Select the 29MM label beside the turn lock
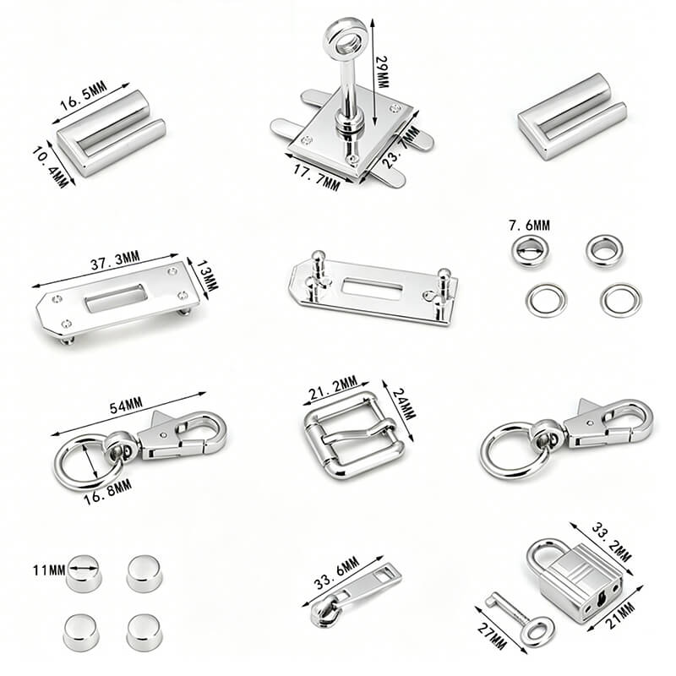click(382, 72)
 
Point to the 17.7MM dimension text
click(317, 177)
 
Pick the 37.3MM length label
click(115, 261)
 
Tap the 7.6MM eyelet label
click(530, 225)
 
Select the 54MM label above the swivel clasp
click(126, 406)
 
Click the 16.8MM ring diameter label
click(108, 493)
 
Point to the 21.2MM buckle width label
click(333, 388)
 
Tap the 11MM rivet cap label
click(49, 570)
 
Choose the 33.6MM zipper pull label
click(336, 573)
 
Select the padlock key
click(520, 619)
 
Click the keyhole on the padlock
click(601, 598)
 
